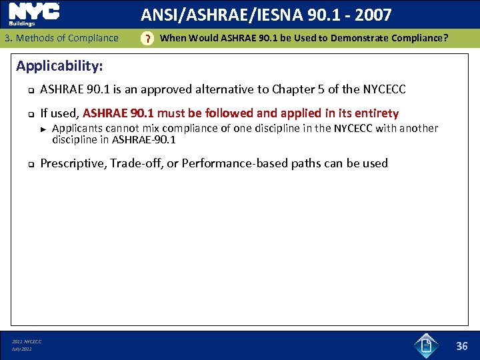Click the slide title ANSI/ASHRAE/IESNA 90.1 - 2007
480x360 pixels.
coord(266,14)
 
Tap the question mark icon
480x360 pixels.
coord(147,39)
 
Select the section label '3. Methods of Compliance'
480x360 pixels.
coord(61,38)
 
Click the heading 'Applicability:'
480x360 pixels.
coord(59,66)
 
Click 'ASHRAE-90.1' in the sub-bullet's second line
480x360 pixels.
coord(144,140)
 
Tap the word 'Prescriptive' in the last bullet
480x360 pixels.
coord(72,163)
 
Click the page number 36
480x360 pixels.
coord(462,345)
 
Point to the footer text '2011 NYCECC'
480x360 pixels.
coord(27,342)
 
